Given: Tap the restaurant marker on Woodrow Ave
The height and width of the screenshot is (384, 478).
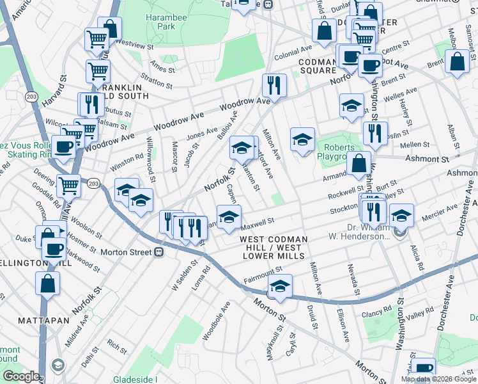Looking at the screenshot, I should pos(274,86).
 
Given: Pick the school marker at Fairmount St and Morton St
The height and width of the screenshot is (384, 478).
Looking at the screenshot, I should pos(279,285).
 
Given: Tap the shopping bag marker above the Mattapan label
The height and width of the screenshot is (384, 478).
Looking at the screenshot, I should pos(47,284).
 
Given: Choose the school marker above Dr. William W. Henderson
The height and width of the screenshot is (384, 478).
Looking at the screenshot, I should pos(401,216).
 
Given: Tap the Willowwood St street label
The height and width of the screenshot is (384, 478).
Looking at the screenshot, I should pos(151,156).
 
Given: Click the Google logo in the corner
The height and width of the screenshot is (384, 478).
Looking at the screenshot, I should pos(21,376).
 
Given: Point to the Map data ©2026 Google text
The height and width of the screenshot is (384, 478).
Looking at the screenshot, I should pos(438,379).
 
